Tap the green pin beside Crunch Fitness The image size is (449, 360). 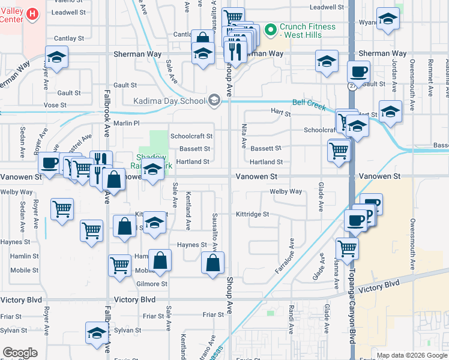click(270, 28)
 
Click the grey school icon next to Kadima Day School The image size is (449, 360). click(214, 100)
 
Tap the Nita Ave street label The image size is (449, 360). click(244, 136)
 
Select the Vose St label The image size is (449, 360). click(55, 104)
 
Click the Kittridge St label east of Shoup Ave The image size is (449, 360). click(252, 214)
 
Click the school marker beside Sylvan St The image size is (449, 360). click(97, 332)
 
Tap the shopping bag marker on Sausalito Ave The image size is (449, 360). click(213, 263)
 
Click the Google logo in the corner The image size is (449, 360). click(20, 353)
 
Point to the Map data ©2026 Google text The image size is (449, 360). click(411, 355)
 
